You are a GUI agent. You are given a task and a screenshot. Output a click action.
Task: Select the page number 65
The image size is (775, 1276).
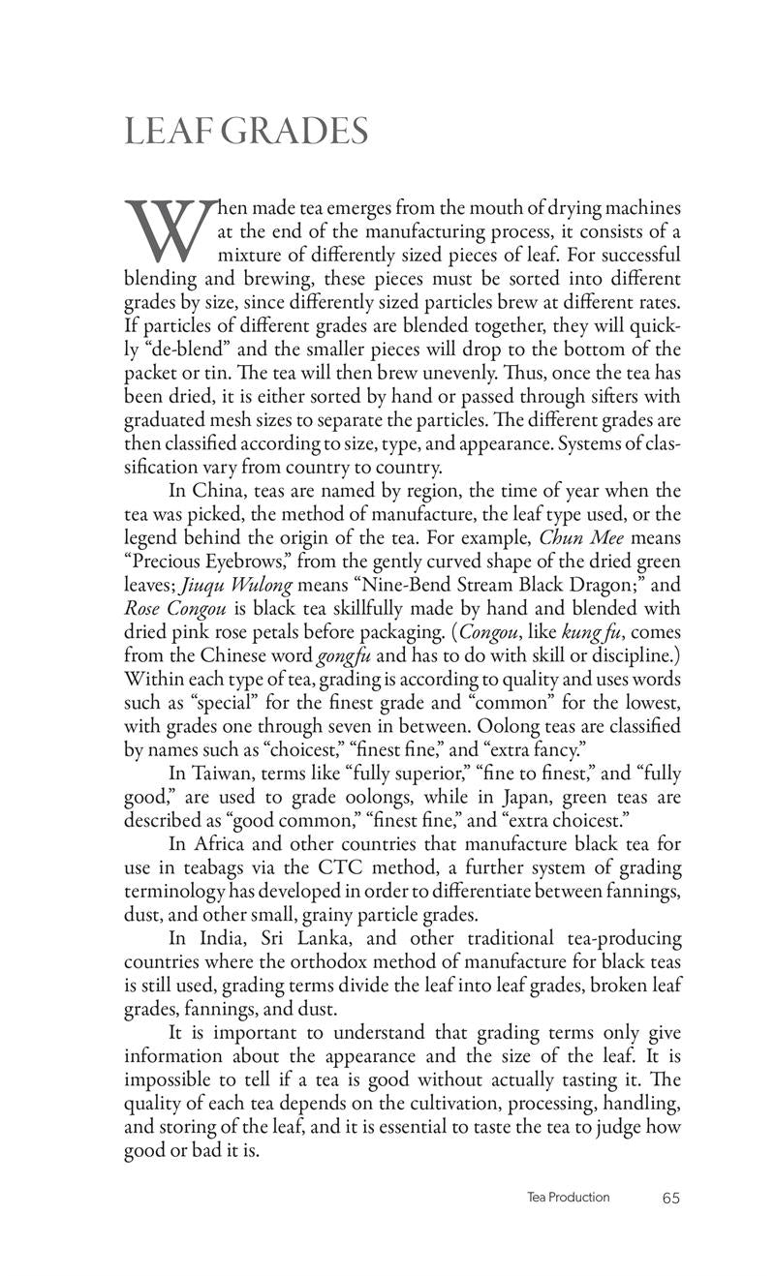[671, 1198]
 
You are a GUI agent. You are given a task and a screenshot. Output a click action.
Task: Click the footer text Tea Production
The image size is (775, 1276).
[568, 1198]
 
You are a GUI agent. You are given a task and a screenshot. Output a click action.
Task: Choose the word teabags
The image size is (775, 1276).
[225, 867]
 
